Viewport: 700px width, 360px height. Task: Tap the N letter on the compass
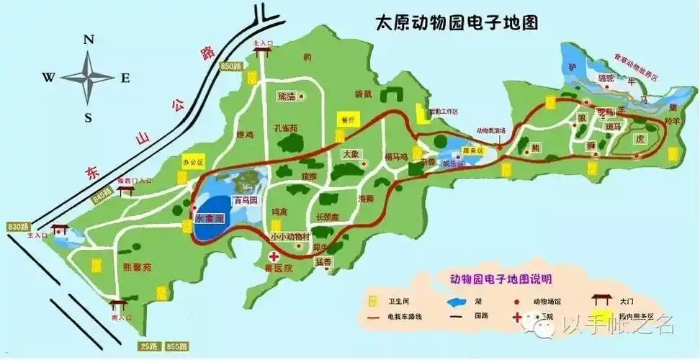[x=89, y=40]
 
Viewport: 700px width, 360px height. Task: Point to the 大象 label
[x=351, y=154]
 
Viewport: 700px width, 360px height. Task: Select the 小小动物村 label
[x=290, y=237]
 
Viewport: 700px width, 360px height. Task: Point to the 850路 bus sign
[x=231, y=66]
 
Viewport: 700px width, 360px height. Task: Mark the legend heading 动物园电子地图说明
[x=491, y=278]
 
